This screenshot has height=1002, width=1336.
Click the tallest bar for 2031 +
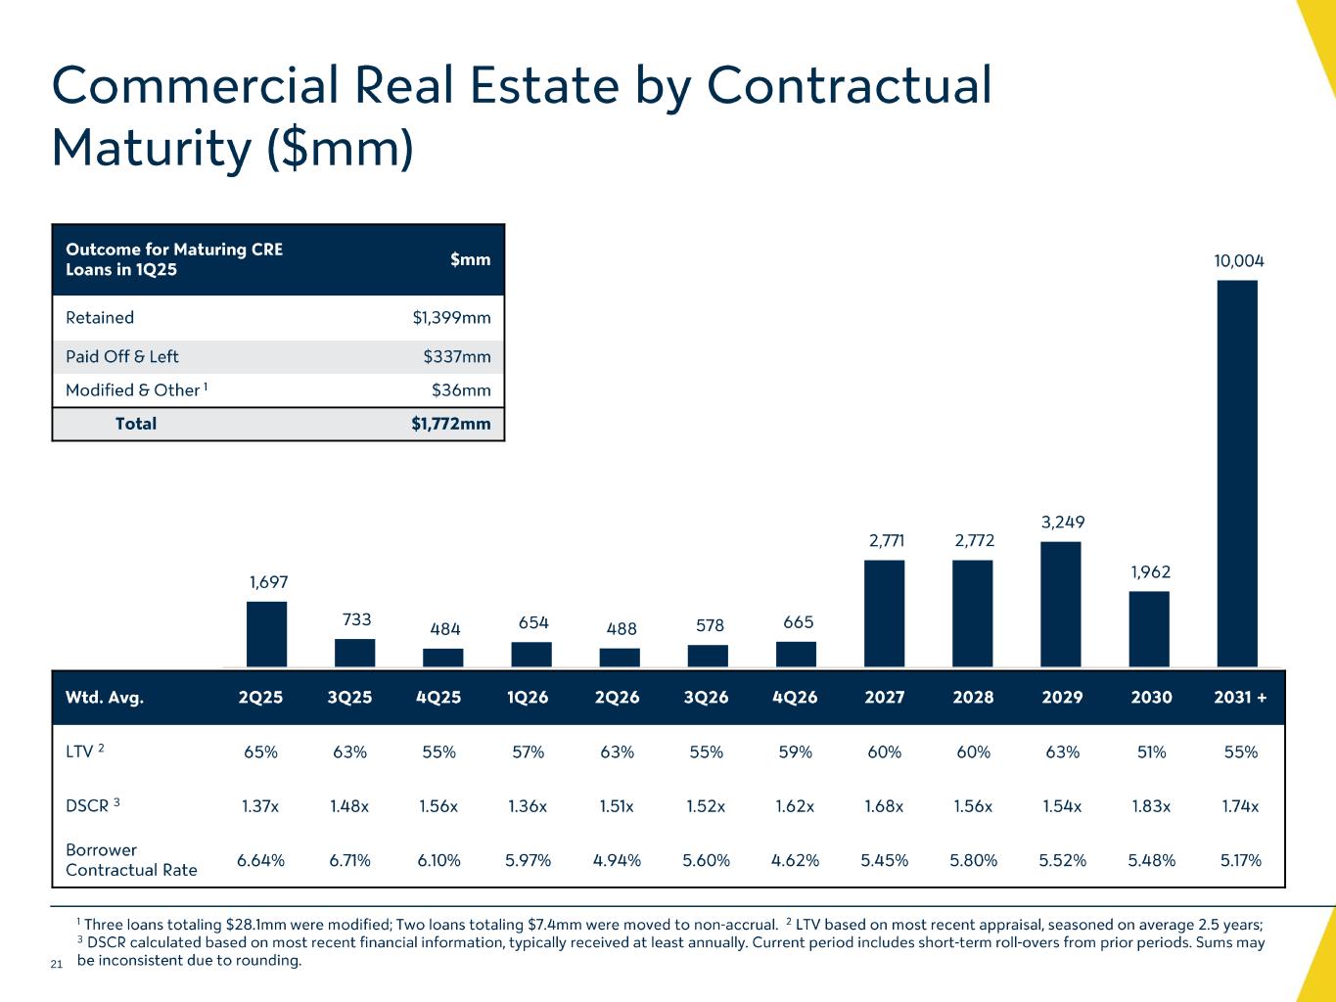1237,474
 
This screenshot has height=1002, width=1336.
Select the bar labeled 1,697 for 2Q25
266,634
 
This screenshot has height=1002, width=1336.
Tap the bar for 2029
1061,604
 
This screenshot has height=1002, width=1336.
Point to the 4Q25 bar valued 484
443,658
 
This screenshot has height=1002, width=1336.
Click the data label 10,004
1239,261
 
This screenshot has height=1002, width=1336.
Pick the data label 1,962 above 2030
1150,572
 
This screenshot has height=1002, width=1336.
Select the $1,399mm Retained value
451,318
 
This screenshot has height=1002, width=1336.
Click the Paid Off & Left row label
122,357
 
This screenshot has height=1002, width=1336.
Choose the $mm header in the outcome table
470,259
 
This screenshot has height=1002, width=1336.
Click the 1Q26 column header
529,698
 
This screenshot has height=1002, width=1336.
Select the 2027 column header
885,698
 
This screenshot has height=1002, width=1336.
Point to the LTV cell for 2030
1151,752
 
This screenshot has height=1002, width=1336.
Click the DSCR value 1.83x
1151,807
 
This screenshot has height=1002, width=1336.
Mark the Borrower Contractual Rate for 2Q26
617,861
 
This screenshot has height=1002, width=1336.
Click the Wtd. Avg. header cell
105,698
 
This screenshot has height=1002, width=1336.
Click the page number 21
56,965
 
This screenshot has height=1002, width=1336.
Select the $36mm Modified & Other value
461,390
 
